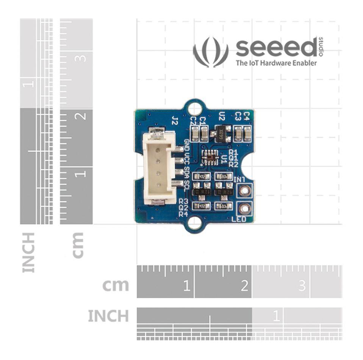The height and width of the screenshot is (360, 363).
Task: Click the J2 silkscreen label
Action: point(175,121)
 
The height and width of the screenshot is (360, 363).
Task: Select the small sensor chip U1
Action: point(210,156)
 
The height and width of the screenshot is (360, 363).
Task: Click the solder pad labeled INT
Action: point(244,191)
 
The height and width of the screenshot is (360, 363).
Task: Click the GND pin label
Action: point(187,145)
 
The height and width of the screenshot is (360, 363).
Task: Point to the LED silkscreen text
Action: point(239,219)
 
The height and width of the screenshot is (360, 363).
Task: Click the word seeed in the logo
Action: point(276,48)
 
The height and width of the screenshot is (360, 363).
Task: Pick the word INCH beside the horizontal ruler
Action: point(108,316)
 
